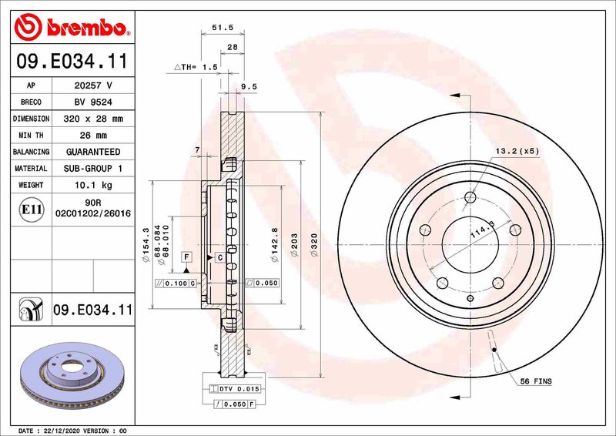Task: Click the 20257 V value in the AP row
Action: point(93,86)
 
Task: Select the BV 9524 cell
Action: point(93,102)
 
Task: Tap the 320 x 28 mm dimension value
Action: point(93,119)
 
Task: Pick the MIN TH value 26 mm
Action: point(93,136)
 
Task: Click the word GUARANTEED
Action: point(93,152)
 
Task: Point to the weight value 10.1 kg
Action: point(93,185)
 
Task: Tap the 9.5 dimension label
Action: point(249,87)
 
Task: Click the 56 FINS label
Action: point(535,381)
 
